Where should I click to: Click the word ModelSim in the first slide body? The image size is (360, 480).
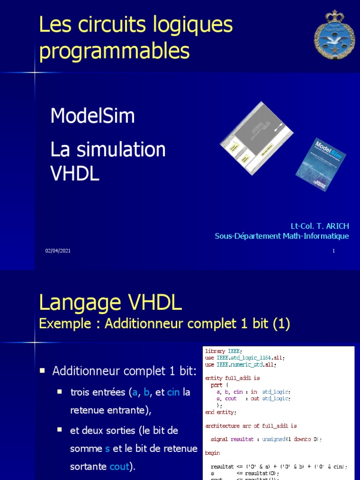point(92,116)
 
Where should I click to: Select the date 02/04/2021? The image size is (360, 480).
point(58,251)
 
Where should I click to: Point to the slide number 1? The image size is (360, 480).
point(333,251)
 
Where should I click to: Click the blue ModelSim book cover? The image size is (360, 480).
point(321,164)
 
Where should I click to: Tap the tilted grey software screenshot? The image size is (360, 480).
point(257,138)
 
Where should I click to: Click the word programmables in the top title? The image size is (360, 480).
point(114,51)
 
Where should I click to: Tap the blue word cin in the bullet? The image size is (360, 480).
point(173,392)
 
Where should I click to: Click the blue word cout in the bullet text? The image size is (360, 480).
point(119,467)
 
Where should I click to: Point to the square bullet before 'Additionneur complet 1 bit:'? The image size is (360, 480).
point(42,370)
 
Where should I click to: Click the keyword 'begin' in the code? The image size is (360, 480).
point(213,453)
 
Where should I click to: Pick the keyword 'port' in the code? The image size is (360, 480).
point(217,385)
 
